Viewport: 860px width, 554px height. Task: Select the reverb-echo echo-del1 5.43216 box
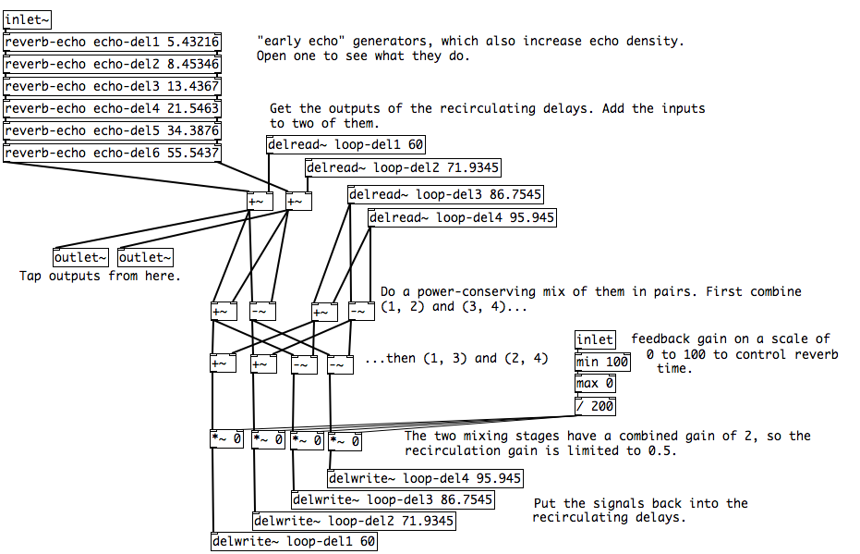tap(112, 42)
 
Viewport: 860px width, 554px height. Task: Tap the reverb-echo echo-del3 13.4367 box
tap(112, 86)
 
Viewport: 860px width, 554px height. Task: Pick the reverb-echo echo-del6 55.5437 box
tap(112, 153)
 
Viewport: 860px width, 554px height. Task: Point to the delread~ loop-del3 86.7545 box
tap(445, 194)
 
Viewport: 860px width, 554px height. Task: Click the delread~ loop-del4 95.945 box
tap(462, 218)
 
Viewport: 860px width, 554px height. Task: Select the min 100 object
tap(602, 362)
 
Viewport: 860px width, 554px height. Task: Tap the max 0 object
tap(595, 383)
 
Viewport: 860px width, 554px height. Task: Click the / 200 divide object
tap(595, 405)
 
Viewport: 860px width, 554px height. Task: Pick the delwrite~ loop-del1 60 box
tap(294, 542)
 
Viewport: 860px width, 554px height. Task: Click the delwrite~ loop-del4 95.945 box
tap(425, 478)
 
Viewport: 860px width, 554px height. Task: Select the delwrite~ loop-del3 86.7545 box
tap(392, 499)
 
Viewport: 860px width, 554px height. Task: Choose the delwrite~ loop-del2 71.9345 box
tap(354, 521)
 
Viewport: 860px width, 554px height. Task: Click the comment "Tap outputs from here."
tap(100, 276)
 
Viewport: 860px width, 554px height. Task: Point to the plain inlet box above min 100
tap(595, 339)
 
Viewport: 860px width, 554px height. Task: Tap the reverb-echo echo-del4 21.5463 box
tap(112, 108)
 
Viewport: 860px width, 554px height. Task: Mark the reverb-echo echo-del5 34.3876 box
tap(112, 130)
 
